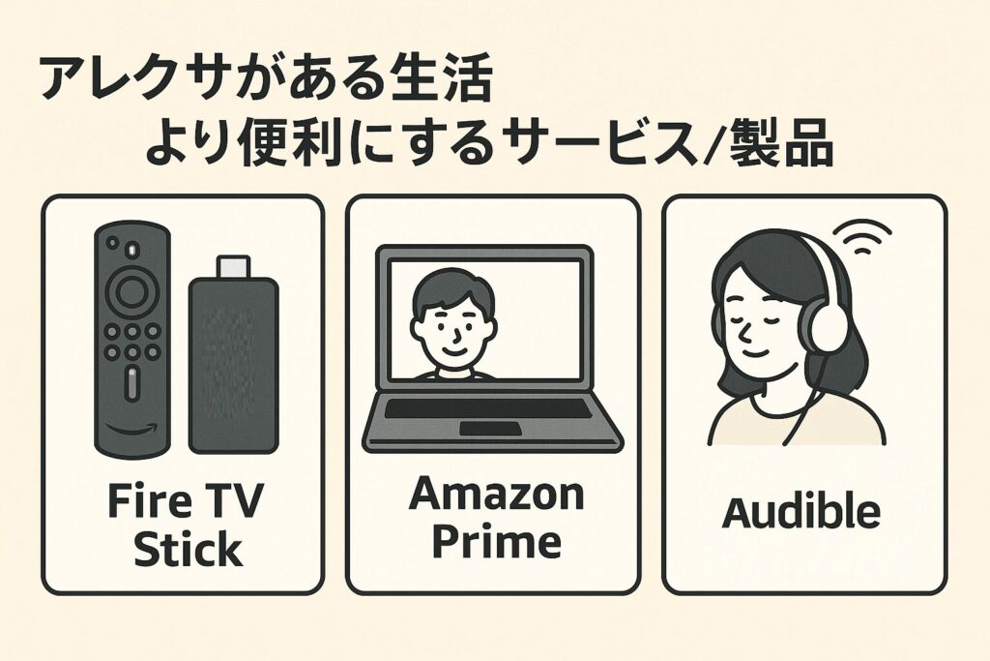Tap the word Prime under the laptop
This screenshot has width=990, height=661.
[495, 542]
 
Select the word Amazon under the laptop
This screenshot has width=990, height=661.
[495, 495]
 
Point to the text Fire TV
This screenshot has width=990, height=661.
[185, 503]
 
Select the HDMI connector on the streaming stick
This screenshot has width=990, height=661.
[233, 267]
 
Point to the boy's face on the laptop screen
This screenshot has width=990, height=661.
[451, 324]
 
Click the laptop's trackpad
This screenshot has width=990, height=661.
[490, 428]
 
